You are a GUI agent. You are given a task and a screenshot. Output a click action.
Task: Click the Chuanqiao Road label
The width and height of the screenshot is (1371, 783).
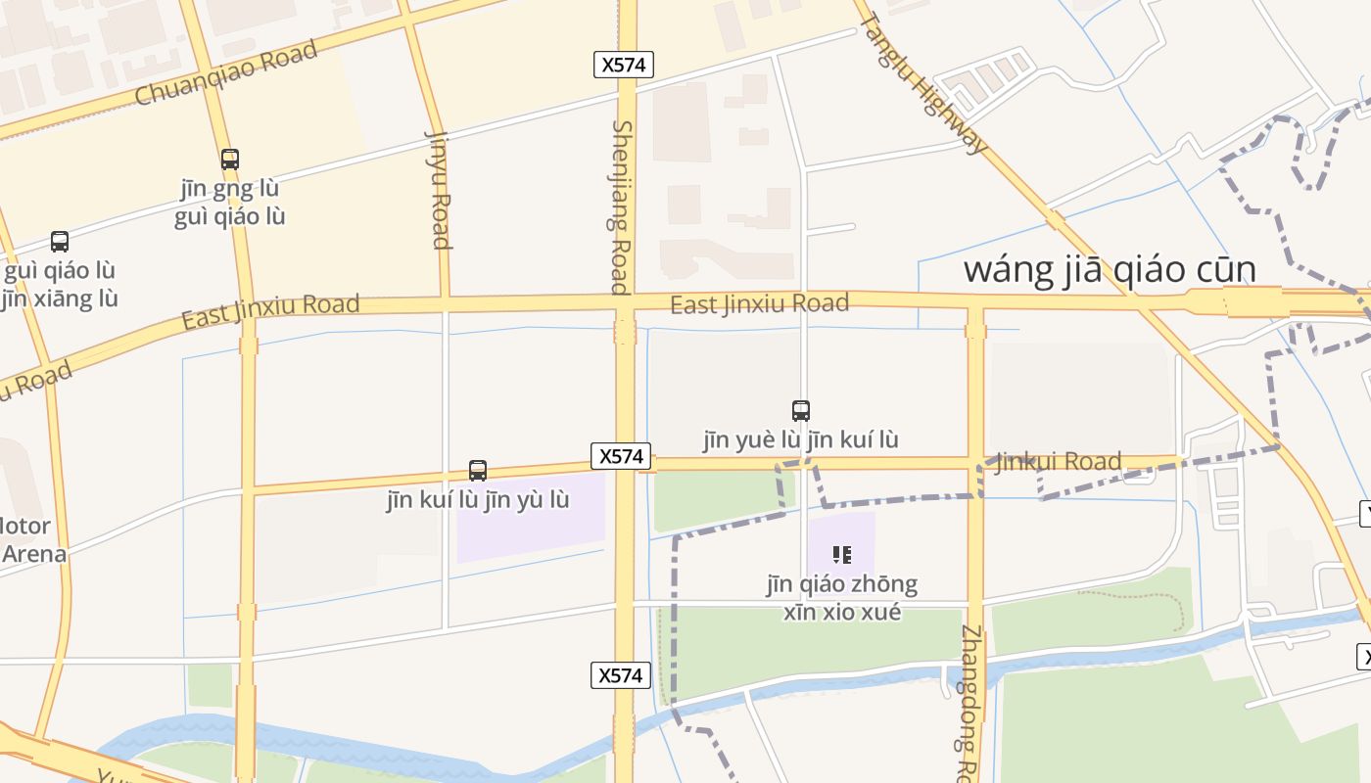(226, 73)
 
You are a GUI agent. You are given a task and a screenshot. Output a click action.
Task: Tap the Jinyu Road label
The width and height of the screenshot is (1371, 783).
(440, 190)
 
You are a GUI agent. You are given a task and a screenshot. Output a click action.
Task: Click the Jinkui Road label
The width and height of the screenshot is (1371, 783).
(1059, 461)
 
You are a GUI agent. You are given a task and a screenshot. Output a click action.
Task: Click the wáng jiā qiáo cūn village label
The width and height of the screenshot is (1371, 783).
(1110, 269)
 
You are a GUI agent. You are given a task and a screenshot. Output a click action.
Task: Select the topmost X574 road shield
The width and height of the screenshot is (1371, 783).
(624, 65)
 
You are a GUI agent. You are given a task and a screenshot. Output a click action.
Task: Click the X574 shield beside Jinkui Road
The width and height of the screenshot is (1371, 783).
(622, 456)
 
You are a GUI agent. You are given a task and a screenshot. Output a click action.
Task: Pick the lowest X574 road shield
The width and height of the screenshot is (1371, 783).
(621, 675)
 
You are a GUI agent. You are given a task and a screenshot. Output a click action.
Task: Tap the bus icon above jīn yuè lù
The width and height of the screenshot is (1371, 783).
(801, 411)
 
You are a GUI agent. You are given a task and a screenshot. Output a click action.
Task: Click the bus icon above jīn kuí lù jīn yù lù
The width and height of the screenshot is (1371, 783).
(478, 471)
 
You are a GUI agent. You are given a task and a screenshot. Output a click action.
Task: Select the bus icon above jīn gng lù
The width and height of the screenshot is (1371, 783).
(230, 159)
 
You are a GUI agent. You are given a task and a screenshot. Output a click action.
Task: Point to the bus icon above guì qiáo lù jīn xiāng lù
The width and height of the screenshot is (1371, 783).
(60, 242)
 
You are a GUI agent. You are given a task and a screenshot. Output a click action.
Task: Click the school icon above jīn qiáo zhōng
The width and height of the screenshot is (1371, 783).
(842, 555)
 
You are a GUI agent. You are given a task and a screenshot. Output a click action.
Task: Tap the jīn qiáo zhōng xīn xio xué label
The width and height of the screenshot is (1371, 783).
(842, 598)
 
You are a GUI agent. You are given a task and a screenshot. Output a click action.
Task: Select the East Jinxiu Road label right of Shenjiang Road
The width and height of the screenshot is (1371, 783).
(759, 304)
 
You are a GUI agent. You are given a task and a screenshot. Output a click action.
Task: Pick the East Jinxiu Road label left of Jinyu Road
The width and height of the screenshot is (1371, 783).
(270, 311)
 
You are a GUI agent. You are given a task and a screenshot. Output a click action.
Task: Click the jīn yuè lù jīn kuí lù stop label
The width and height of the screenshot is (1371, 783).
(801, 440)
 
